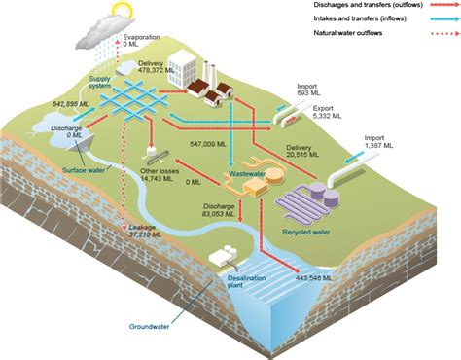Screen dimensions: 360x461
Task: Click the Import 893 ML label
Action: [307, 90]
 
